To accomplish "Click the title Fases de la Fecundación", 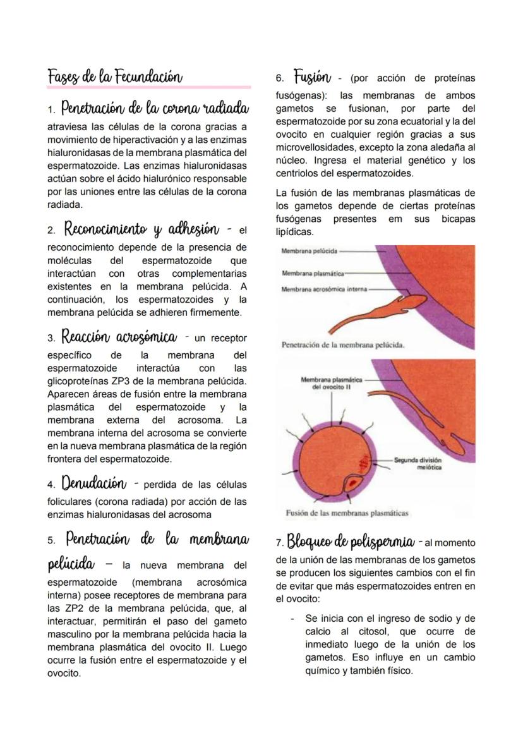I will [115, 77].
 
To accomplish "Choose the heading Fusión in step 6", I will [312, 78].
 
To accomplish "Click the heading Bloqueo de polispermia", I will [350, 542].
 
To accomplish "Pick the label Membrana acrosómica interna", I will [323, 288].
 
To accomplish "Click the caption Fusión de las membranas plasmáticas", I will [347, 513].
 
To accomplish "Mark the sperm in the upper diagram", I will [385, 306].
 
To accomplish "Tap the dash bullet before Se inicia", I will [292, 618].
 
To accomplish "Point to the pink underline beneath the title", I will [148, 87].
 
